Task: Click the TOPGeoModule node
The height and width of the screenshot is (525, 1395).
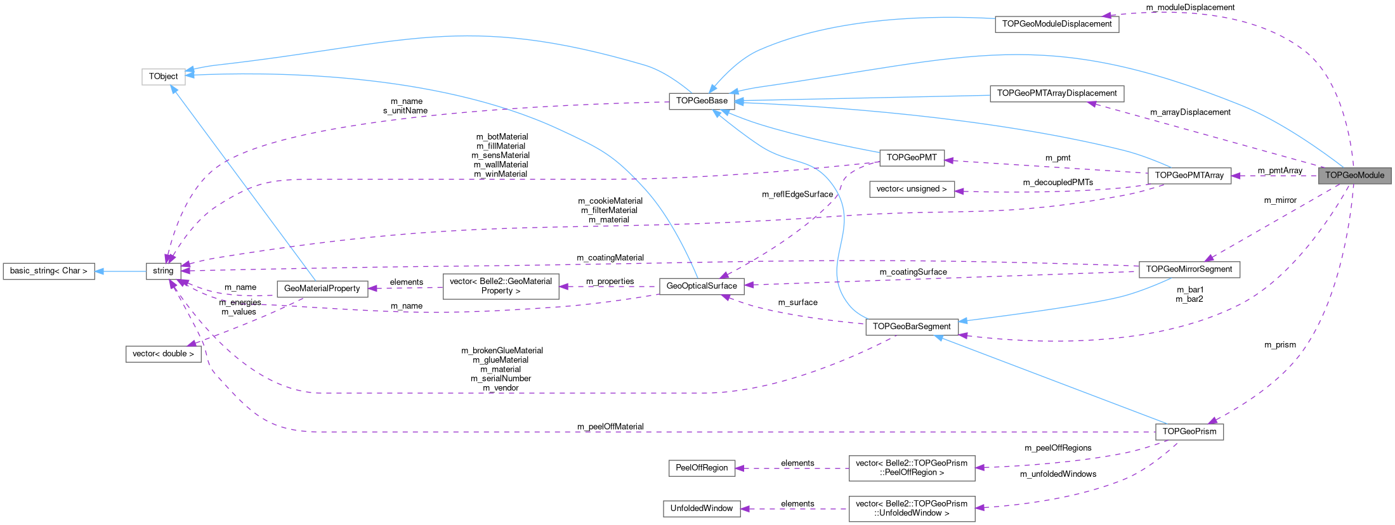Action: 1354,176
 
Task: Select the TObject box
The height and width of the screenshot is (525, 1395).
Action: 163,77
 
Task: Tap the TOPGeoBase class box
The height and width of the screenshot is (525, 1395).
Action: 702,101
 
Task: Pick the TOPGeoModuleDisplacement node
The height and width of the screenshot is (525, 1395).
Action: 1056,24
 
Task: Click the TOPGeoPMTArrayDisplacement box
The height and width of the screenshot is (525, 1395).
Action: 1056,94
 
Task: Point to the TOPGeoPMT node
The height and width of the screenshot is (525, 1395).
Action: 911,158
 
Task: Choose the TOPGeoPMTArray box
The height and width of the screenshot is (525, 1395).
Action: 1189,176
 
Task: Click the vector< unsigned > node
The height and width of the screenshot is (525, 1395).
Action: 911,189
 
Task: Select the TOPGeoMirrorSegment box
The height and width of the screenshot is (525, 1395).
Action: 1189,269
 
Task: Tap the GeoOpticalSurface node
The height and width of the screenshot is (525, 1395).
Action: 701,286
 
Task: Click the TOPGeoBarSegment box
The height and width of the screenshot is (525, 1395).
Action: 911,327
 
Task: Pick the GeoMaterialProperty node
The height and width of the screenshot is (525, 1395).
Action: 322,288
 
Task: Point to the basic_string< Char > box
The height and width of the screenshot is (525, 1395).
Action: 49,271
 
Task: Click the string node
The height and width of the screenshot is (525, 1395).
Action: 163,271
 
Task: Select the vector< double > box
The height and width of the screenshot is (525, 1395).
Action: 163,354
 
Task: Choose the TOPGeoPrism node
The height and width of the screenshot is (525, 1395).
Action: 1189,432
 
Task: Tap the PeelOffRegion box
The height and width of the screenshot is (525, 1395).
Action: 701,468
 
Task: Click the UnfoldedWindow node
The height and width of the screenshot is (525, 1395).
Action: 701,509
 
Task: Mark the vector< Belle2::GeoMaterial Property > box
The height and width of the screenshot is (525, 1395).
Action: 501,286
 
